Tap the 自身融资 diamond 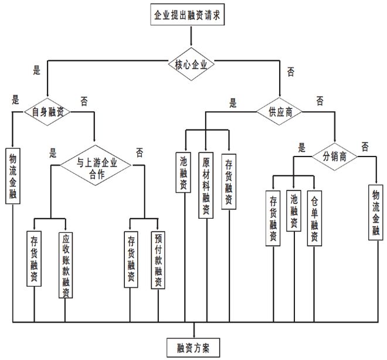coord(47,110)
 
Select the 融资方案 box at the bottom coord(193,347)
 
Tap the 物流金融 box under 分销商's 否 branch coord(375,210)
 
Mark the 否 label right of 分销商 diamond coord(365,145)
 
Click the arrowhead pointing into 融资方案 coord(193,331)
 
